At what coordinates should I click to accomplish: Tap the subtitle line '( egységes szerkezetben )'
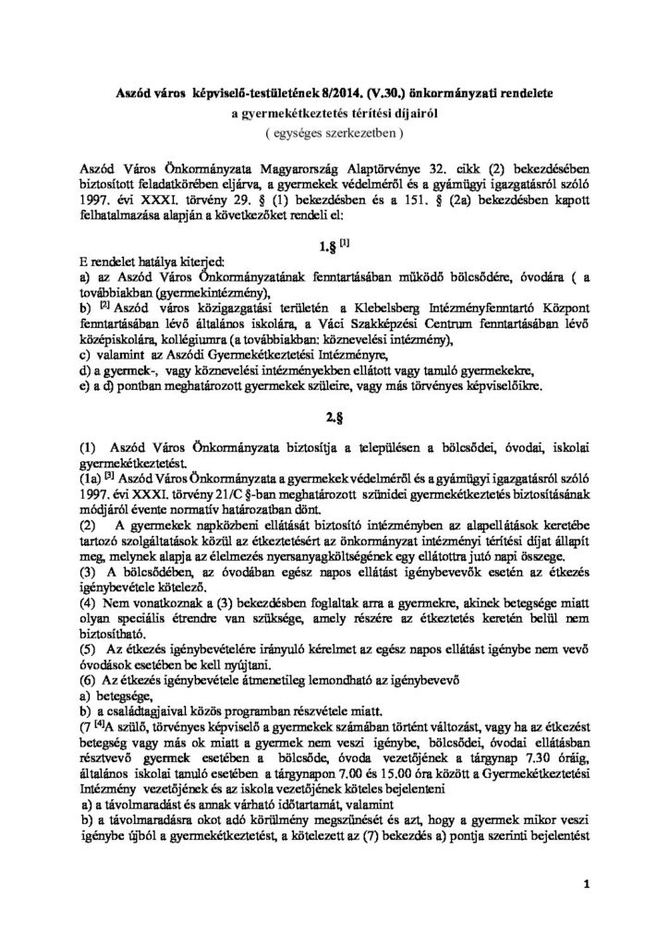click(x=334, y=133)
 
